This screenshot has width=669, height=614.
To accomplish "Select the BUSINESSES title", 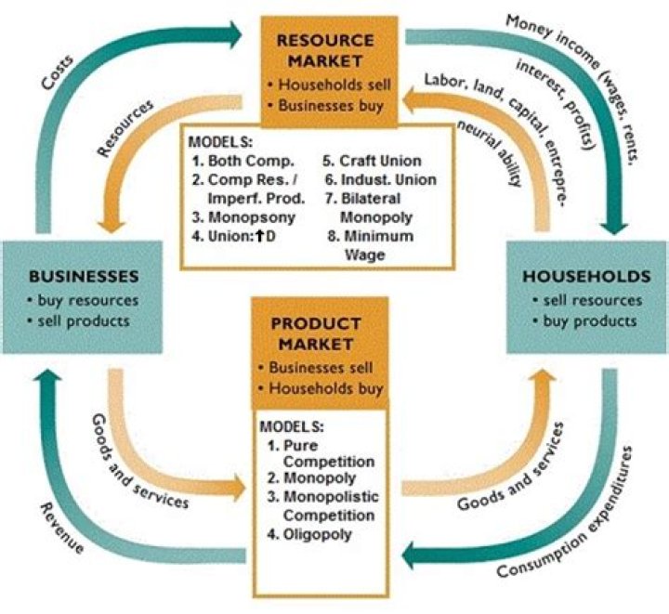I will pos(85,276).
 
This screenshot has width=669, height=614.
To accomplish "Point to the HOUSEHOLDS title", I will pos(584,276).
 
